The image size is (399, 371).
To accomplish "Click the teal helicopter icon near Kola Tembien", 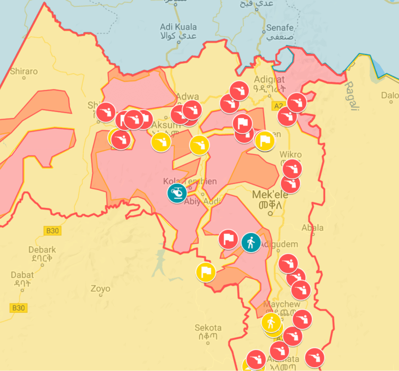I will click(177, 193).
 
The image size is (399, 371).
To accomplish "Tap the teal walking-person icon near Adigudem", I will click(251, 242).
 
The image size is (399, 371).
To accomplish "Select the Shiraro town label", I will click(23, 71).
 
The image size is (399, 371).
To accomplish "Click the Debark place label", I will click(42, 250).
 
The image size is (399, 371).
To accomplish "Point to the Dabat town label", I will click(23, 275).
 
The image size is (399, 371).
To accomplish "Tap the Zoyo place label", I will click(100, 289).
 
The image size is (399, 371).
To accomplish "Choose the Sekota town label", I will click(208, 328).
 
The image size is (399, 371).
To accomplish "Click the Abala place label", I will click(312, 228).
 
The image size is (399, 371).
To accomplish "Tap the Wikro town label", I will click(290, 155).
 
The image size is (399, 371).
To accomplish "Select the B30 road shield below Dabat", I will click(18, 308).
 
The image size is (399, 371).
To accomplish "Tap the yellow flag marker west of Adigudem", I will click(206, 272).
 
